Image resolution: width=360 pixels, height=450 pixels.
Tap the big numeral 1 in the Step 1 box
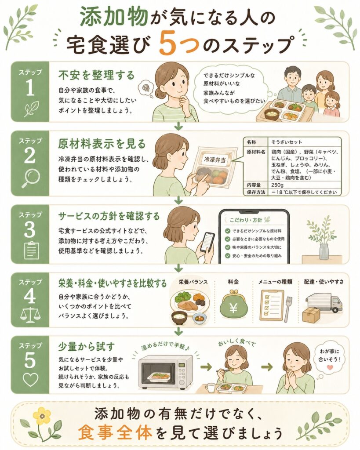[30, 88]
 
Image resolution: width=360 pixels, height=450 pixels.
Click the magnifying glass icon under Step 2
[31, 178]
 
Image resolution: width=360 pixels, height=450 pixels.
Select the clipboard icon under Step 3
[32, 250]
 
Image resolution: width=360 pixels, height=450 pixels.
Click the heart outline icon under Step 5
[30, 379]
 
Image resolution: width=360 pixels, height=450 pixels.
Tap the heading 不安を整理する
[96, 75]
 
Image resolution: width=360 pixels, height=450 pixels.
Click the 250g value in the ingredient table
[277, 185]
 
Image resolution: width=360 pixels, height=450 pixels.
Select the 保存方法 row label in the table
[256, 192]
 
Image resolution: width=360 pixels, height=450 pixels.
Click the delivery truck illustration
[324, 303]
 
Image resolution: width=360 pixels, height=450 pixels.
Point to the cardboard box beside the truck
[311, 315]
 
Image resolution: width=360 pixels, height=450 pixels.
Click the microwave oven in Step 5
[166, 372]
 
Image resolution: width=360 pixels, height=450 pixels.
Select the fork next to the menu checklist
[288, 309]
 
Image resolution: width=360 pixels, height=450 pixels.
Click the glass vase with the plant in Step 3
[324, 251]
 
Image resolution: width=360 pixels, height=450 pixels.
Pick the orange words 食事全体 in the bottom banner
[115, 432]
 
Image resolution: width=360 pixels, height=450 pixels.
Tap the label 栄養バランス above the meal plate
[193, 282]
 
